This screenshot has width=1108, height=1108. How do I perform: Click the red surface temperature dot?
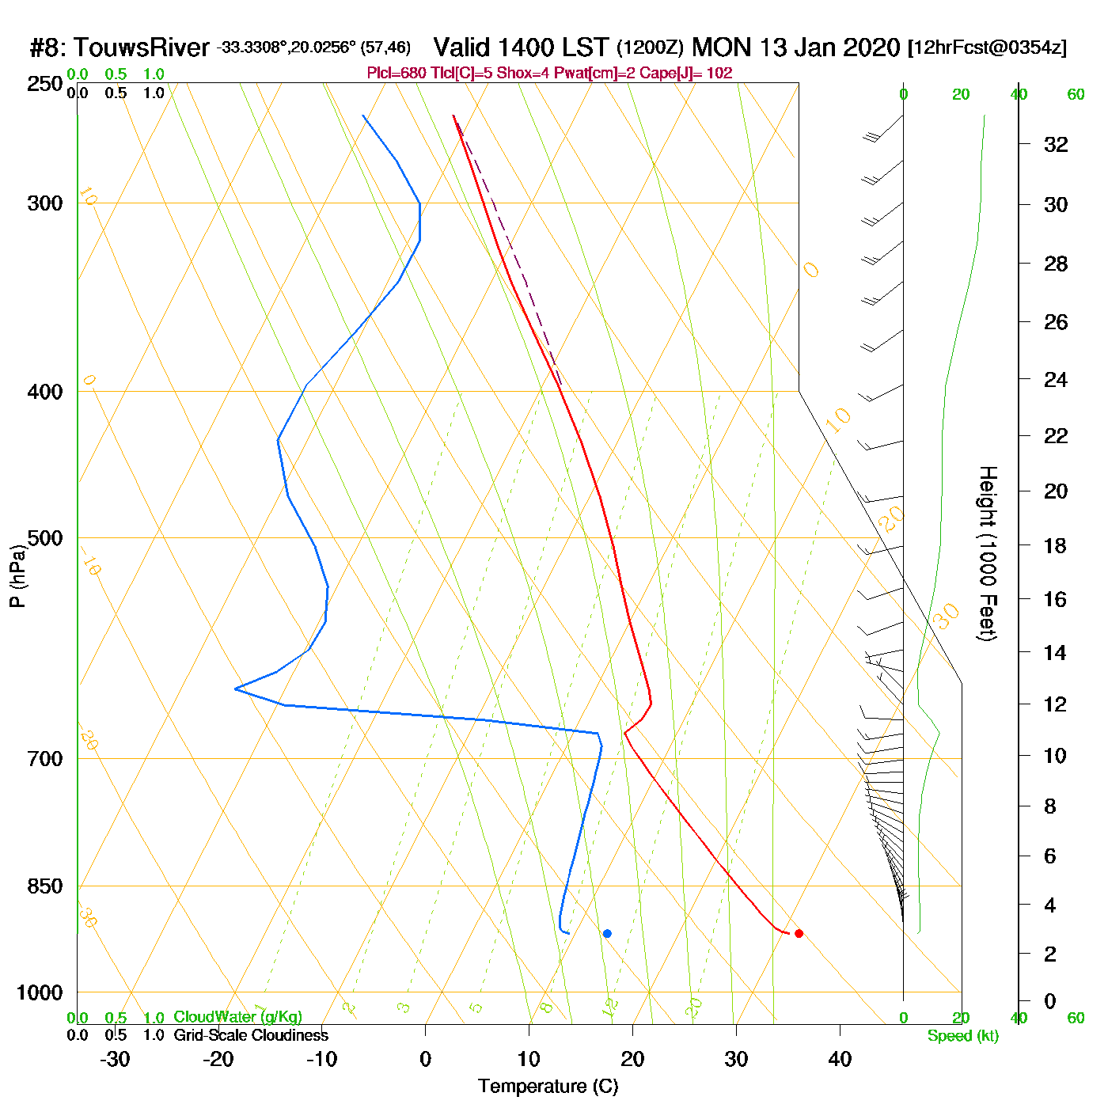click(799, 933)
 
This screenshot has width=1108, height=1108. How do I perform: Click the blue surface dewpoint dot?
click(607, 933)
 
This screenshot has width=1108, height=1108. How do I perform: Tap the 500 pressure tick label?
click(45, 538)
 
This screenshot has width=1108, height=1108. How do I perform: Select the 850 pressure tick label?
click(45, 886)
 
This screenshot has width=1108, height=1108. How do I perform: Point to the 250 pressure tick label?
click(45, 83)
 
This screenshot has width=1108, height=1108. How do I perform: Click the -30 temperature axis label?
click(115, 1059)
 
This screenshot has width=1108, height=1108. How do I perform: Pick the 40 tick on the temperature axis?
click(840, 1059)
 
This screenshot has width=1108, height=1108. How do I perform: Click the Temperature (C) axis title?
click(548, 1087)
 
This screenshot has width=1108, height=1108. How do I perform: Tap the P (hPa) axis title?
click(17, 575)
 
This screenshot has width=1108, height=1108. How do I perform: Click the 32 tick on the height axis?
click(1056, 145)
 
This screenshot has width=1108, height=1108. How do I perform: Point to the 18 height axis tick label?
click(1056, 545)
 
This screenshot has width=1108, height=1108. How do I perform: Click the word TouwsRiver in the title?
click(142, 47)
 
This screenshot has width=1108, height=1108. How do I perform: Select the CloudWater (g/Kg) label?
click(238, 1017)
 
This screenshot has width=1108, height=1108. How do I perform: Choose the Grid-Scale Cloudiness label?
click(251, 1035)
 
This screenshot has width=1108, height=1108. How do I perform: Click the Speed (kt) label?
click(963, 1036)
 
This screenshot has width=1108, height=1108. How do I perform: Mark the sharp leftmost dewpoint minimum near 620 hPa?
click(236, 689)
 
